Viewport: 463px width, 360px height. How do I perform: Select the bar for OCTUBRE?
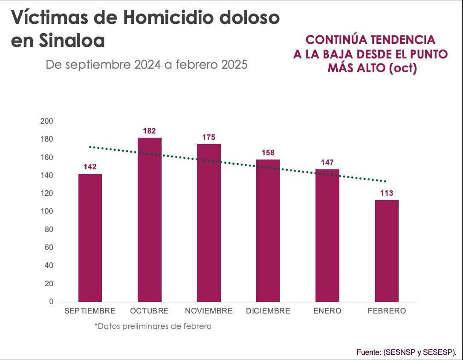(x=149, y=220)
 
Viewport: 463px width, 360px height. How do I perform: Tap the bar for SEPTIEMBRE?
(x=90, y=238)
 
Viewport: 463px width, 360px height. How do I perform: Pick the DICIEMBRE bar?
(x=268, y=230)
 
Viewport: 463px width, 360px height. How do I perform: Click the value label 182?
(x=149, y=131)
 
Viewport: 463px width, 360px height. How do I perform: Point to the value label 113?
(x=387, y=193)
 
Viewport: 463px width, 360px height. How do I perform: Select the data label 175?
(x=209, y=137)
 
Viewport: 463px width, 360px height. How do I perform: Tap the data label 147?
(x=327, y=163)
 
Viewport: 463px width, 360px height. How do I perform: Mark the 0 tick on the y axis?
(x=51, y=302)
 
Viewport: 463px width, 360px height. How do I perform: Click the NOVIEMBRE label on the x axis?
(x=209, y=311)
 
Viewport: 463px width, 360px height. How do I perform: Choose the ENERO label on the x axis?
(x=327, y=311)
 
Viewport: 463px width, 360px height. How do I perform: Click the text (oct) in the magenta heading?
(x=402, y=68)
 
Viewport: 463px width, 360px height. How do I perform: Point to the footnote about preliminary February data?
(x=153, y=326)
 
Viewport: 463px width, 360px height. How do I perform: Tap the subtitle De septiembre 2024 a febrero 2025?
(x=147, y=65)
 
